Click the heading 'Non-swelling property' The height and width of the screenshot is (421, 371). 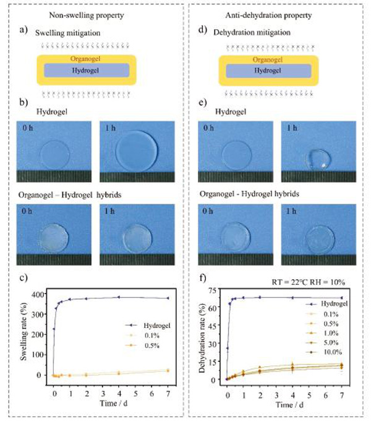pyautogui.click(x=91, y=14)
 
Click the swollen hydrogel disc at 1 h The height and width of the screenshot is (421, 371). pyautogui.click(x=138, y=149)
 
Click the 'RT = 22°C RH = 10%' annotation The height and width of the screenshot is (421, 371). pyautogui.click(x=307, y=280)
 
